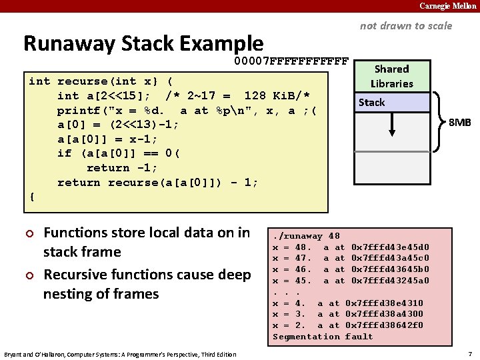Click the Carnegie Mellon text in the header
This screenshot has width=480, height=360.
(447, 6)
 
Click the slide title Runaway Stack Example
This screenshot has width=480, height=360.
(143, 43)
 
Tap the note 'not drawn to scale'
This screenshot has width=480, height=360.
(405, 26)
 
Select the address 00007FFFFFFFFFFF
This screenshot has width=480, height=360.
(291, 62)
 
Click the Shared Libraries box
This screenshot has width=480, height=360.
(391, 76)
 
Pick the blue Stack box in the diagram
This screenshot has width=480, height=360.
(391, 102)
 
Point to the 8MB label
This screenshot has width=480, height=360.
(459, 123)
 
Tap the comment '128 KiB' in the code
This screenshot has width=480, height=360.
(273, 96)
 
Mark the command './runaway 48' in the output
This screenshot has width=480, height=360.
(306, 235)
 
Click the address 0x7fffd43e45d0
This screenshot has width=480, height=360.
(390, 247)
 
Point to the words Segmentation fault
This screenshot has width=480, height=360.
(323, 337)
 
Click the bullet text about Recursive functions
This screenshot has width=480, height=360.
(147, 283)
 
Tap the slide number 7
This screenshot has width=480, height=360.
(470, 353)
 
